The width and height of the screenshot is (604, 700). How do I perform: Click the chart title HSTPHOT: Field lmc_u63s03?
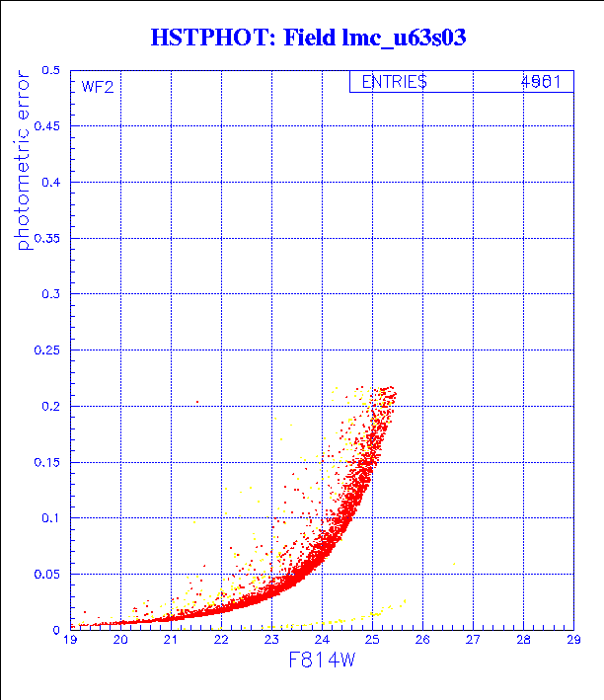tap(307, 39)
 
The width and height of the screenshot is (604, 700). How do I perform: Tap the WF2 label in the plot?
tap(98, 87)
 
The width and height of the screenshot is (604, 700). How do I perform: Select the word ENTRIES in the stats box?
tap(394, 83)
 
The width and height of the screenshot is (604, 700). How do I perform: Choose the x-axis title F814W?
tap(322, 661)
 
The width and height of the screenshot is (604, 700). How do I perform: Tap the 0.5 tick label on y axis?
tap(50, 71)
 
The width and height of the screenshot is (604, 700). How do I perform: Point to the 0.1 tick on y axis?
tap(50, 517)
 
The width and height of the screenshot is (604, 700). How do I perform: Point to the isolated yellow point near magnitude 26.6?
tap(454, 563)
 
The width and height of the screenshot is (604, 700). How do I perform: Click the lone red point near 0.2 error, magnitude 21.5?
tap(197, 402)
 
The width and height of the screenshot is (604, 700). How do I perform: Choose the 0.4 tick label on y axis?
tap(50, 183)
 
